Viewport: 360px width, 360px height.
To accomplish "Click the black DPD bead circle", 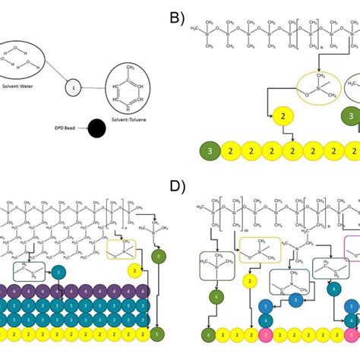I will coord(96,128).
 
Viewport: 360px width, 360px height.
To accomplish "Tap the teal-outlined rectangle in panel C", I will coord(28,273).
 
